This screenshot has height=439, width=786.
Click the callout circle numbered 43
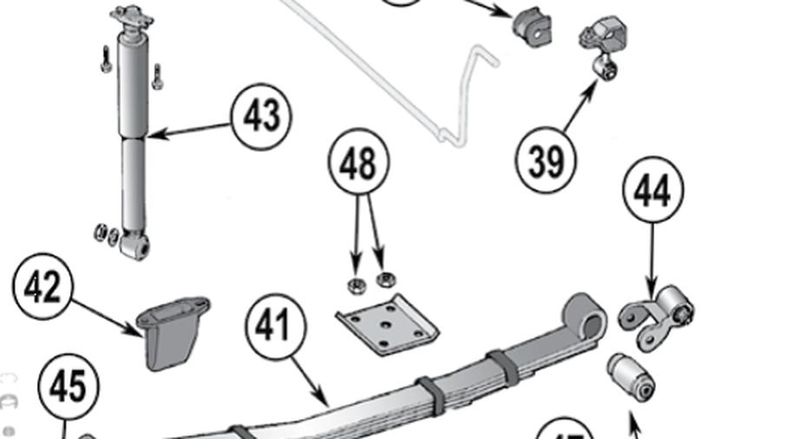tap(261, 117)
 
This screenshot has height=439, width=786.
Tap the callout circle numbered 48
tap(358, 165)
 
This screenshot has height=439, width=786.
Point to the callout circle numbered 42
tap(43, 287)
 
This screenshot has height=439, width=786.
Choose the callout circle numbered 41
tap(278, 326)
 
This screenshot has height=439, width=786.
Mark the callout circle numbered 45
tap(68, 387)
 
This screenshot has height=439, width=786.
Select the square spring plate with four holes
tap(386, 325)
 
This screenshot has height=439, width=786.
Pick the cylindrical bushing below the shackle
tap(632, 376)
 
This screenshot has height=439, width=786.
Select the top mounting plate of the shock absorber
tap(130, 16)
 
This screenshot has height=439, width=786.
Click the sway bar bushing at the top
tap(532, 26)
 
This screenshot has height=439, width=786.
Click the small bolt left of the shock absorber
tap(105, 59)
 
